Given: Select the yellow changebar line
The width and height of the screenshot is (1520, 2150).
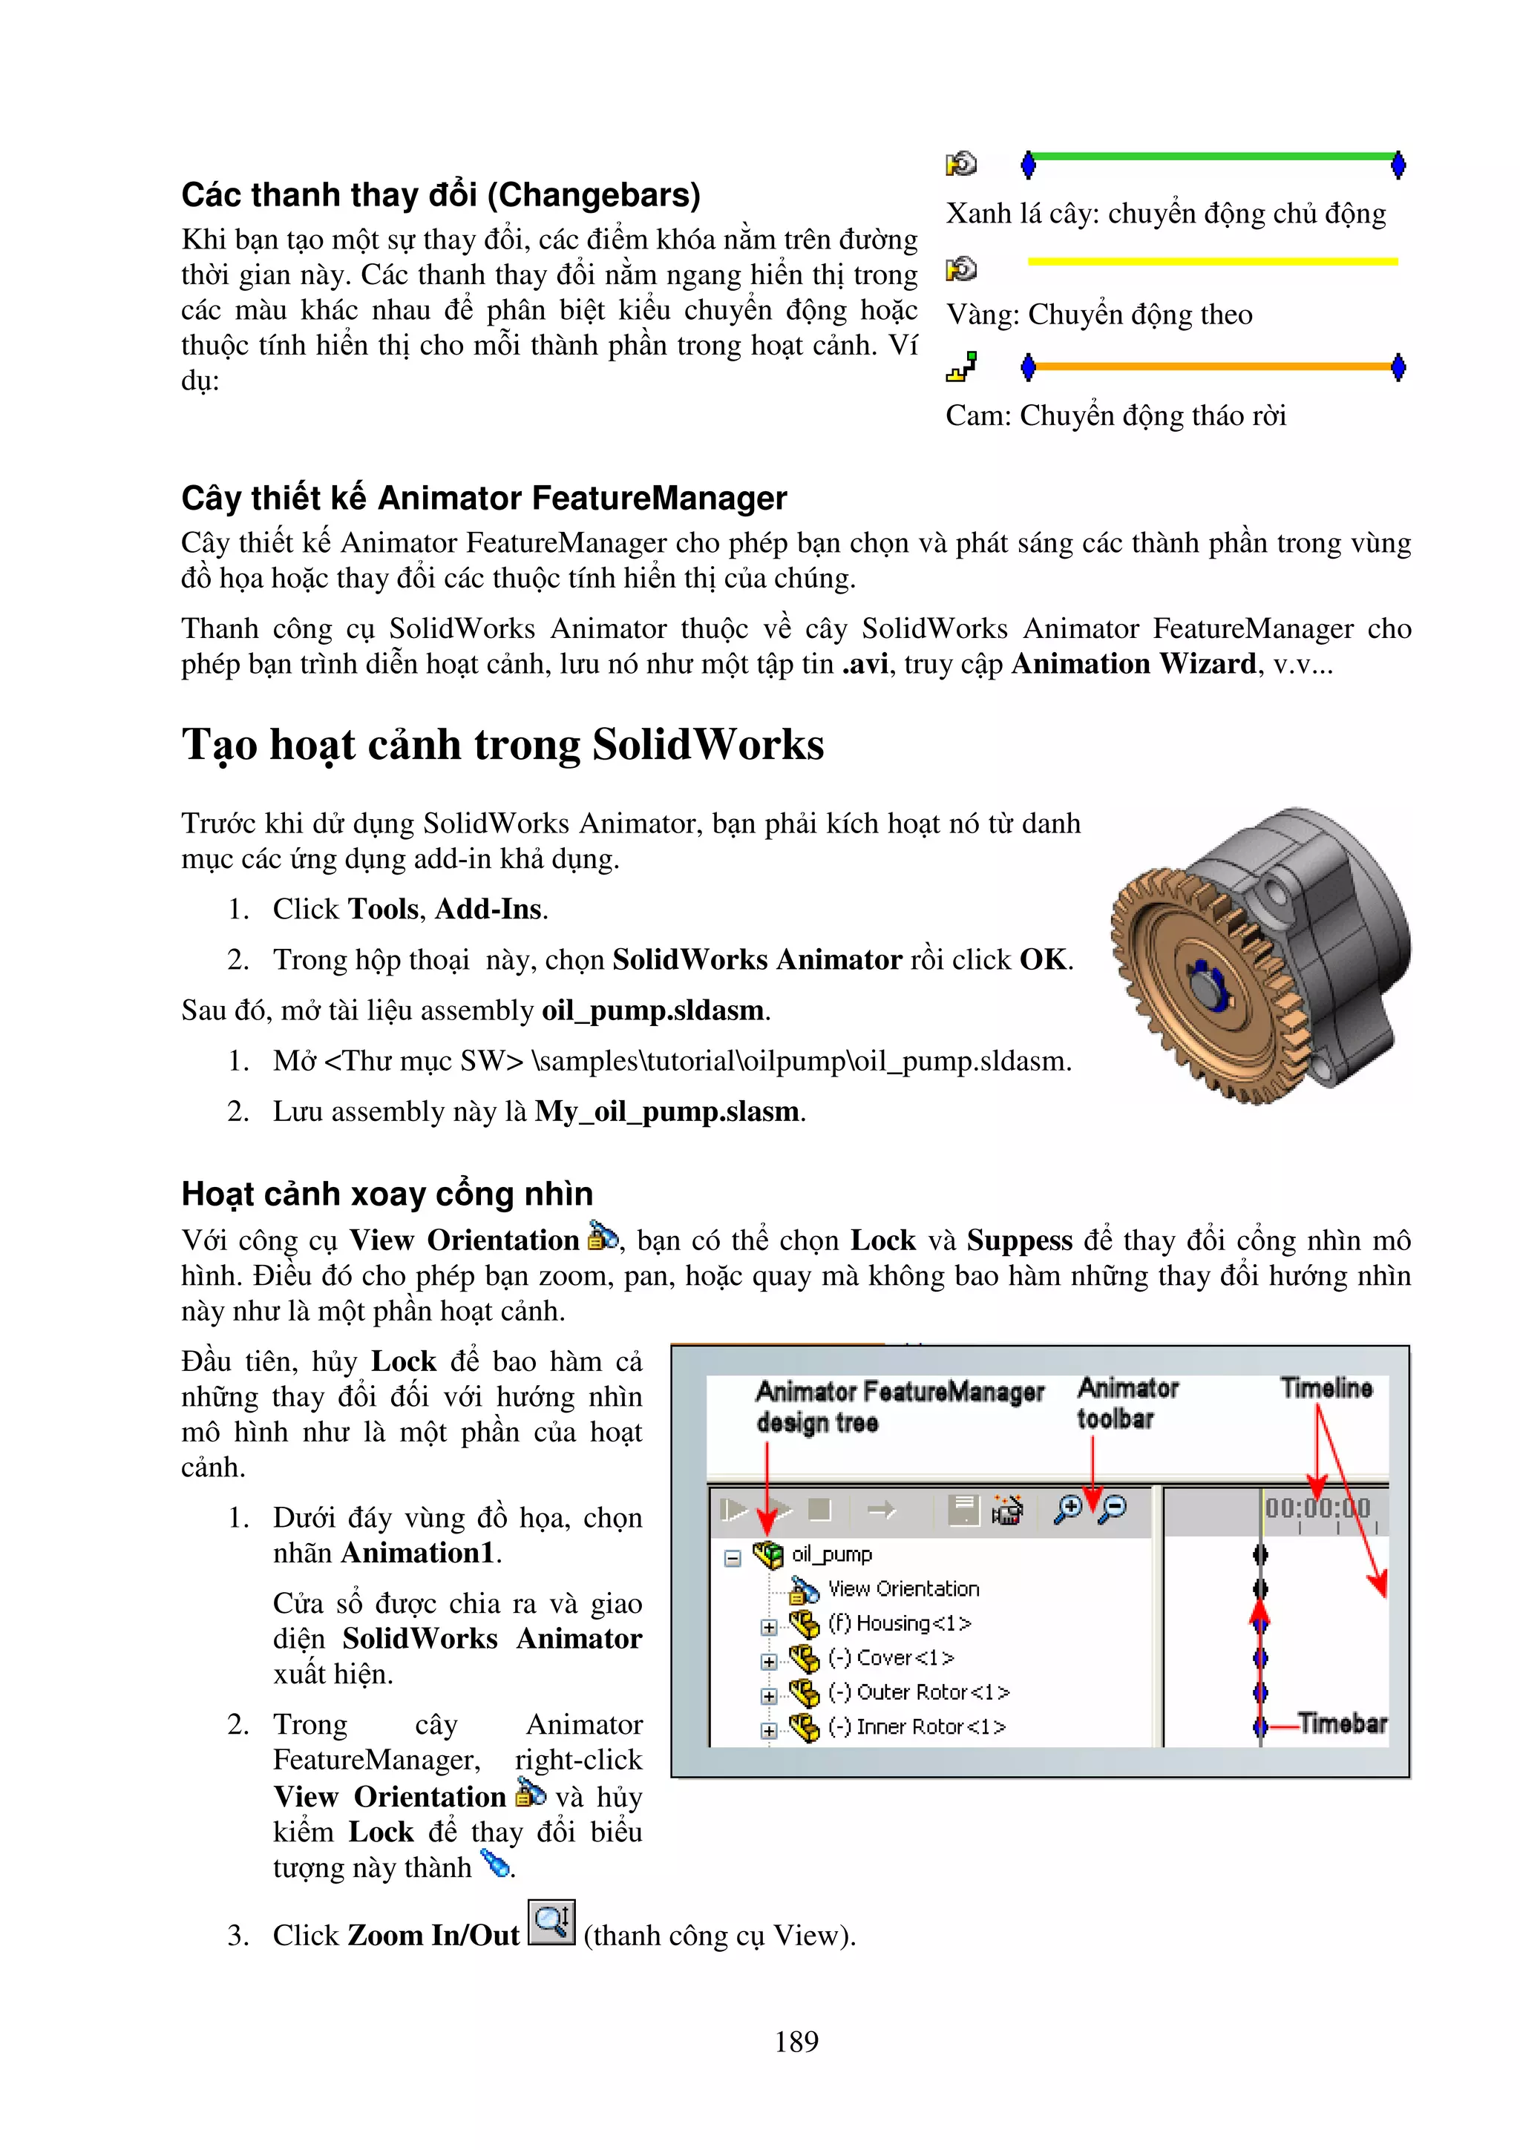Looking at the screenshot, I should click(1213, 261).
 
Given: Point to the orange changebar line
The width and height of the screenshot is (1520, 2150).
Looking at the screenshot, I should click(1213, 366).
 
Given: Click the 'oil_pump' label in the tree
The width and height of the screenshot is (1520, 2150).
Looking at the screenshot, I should click(832, 1554).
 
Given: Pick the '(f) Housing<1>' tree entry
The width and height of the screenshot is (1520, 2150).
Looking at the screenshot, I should click(899, 1623).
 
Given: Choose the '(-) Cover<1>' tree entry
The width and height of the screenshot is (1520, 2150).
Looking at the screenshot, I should click(891, 1657).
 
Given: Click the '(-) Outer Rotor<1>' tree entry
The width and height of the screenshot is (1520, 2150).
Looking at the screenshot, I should click(919, 1692).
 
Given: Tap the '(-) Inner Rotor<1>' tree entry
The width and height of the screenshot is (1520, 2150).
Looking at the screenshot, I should click(917, 1726).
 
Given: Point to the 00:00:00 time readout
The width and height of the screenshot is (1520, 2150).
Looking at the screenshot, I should click(1317, 1508).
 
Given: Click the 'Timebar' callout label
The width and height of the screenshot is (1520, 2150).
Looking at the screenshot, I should click(1342, 1723).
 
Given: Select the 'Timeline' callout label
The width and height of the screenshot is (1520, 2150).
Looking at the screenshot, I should click(1326, 1388).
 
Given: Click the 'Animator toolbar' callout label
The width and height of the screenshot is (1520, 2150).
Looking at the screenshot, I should click(1127, 1403).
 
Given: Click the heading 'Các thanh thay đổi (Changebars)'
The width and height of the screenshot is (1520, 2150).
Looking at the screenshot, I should click(440, 195).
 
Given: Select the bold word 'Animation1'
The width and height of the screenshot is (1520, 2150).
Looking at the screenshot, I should click(417, 1554).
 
